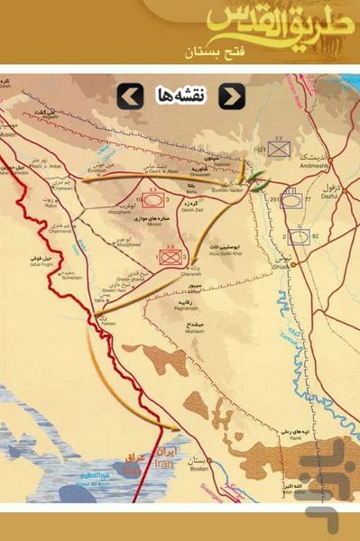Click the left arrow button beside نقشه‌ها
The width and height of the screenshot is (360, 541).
click(130, 96)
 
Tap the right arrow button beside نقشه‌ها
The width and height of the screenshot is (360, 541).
click(232, 96)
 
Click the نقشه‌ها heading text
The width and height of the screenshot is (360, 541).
click(180, 96)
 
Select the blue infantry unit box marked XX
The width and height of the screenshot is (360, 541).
click(278, 149)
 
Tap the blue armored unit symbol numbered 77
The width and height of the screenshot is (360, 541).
click(291, 201)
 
